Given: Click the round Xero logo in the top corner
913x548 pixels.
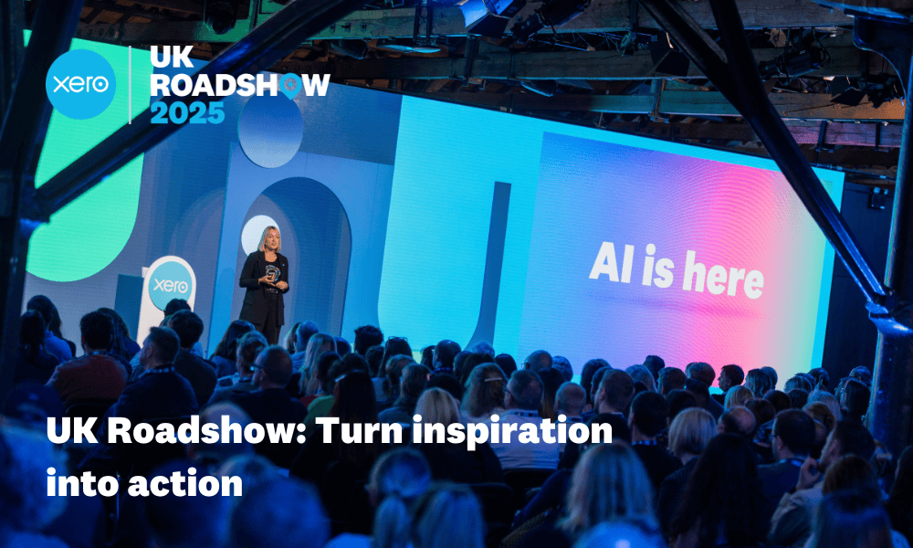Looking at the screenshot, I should click(x=81, y=84).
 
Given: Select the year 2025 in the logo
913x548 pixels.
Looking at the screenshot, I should click(x=187, y=113).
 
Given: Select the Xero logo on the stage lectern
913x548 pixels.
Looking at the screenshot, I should click(x=171, y=283).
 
